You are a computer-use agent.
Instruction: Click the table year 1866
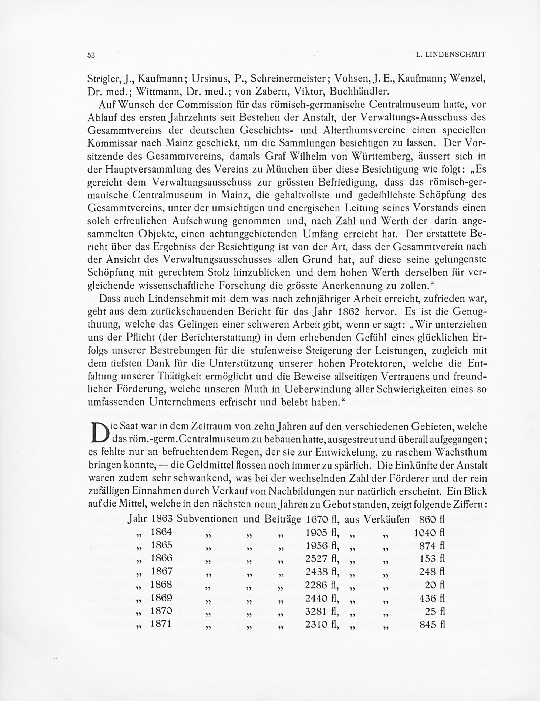(162, 558)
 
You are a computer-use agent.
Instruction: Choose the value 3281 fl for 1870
(322, 611)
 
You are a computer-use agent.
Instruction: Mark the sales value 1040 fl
(429, 533)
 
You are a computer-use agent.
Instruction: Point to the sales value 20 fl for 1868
(434, 585)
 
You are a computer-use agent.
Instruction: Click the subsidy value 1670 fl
(322, 519)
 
